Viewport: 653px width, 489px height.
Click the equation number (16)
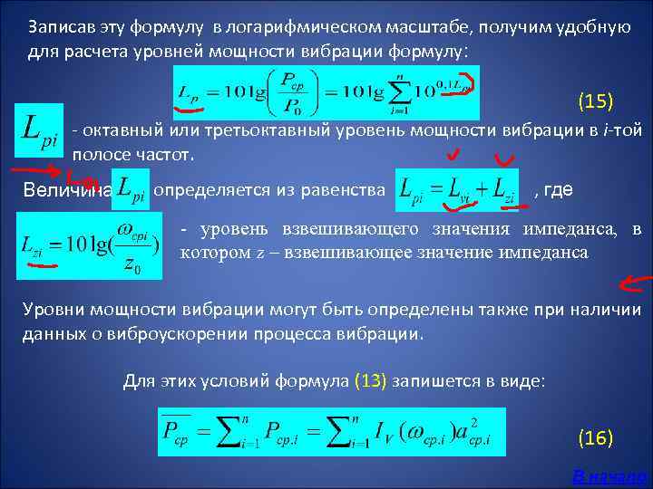pyautogui.click(x=596, y=438)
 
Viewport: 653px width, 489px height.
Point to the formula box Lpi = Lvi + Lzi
pyautogui.click(x=457, y=190)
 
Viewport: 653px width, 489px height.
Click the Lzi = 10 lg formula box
pyautogui.click(x=89, y=244)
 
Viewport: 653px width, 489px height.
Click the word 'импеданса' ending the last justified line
pyautogui.click(x=544, y=253)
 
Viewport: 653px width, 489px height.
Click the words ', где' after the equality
pyautogui.click(x=552, y=190)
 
